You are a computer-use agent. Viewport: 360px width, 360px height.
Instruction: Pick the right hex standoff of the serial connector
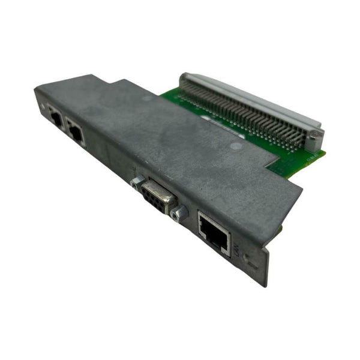(x=176, y=214)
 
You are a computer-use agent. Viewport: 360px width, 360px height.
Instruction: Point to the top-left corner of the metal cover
(x=36, y=88)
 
